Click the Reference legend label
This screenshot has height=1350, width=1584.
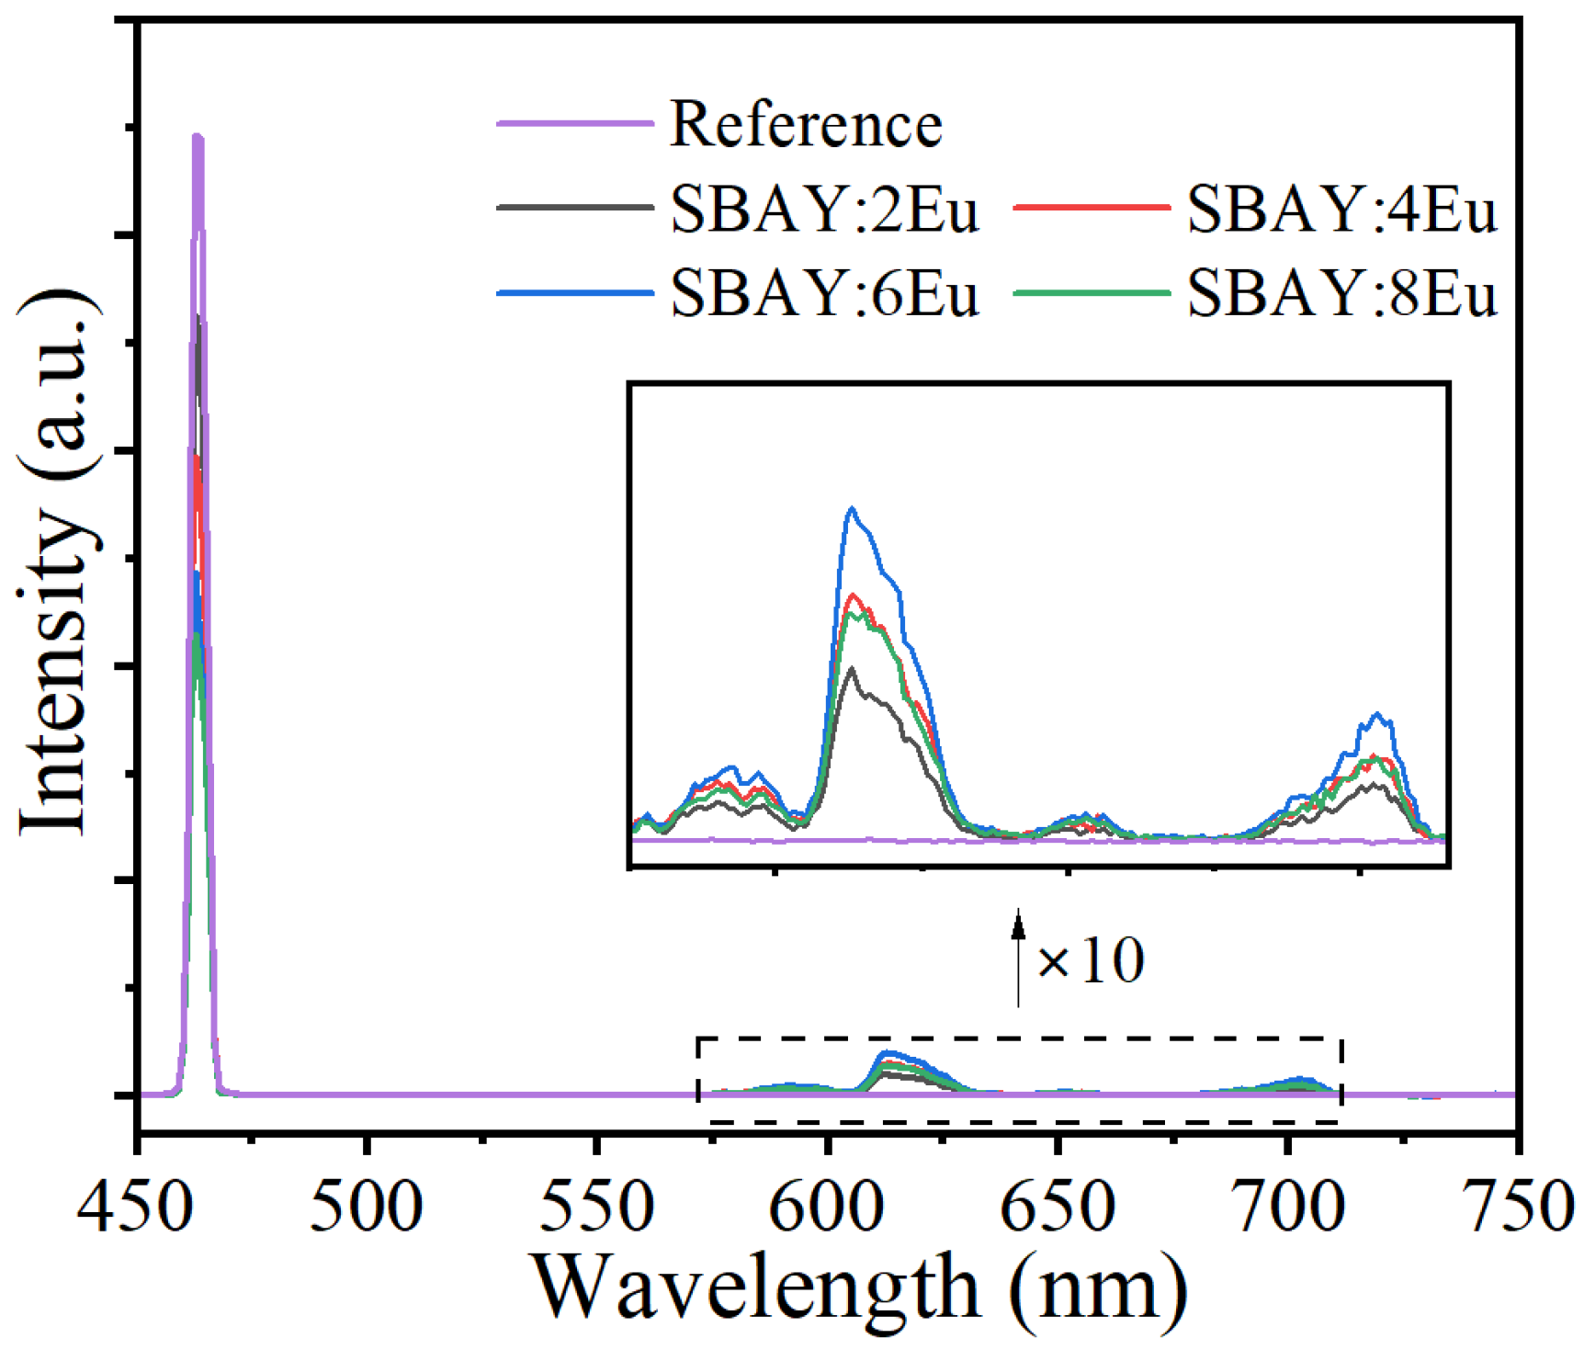806,124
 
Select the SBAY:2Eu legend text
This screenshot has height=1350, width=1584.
824,210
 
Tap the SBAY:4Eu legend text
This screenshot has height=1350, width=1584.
1341,210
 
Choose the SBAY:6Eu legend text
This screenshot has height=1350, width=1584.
824,294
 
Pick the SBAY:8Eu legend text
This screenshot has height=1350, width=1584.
1341,294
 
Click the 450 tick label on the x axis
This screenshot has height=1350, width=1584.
135,1206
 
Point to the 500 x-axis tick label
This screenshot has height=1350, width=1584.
366,1206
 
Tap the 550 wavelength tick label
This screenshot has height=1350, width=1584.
596,1206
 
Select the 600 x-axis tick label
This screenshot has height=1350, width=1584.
827,1206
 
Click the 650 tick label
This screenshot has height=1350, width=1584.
1058,1206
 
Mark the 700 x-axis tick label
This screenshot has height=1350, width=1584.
1288,1206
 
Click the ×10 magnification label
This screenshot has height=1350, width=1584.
1091,961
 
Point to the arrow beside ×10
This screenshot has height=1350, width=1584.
1018,956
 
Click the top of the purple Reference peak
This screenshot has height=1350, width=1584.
197,138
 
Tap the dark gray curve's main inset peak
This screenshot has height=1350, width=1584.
853,669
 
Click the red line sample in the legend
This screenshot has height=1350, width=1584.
1092,209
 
